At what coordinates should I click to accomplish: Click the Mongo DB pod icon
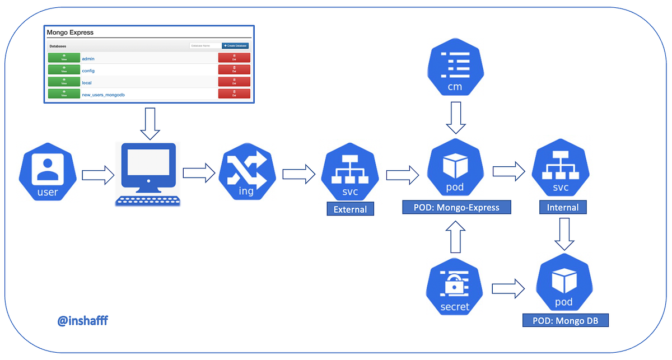[564, 285]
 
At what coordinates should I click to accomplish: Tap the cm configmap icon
[455, 69]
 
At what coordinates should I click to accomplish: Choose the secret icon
[455, 288]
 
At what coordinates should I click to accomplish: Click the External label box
[350, 209]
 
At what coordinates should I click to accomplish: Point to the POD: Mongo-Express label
[457, 208]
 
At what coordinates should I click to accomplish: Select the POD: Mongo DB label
[564, 321]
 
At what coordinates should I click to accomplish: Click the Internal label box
[563, 208]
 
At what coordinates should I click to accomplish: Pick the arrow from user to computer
[97, 175]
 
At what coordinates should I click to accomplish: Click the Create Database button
[235, 46]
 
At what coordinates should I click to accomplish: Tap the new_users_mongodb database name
[103, 95]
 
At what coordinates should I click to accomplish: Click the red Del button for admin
[234, 58]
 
